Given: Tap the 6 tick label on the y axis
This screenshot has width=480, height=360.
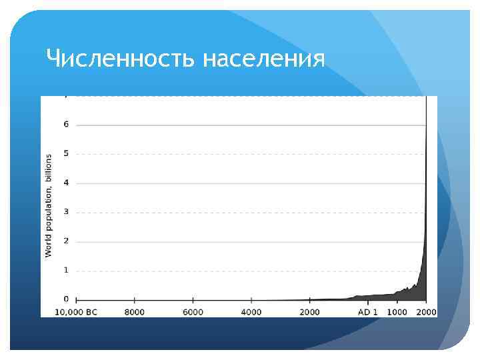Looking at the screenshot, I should (65, 125).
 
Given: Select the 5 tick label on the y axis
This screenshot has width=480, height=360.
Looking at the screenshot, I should (65, 154).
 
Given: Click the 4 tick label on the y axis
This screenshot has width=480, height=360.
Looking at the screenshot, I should (65, 183).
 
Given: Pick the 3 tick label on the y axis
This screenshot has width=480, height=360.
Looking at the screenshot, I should (65, 212).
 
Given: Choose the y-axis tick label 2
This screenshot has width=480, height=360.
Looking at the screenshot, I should (65, 241).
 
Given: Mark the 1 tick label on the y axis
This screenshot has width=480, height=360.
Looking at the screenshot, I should (65, 270).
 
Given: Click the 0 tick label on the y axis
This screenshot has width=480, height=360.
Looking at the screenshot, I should (65, 299).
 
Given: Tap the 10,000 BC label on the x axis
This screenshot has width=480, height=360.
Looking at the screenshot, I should (75, 312).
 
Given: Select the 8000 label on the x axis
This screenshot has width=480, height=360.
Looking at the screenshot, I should (134, 312).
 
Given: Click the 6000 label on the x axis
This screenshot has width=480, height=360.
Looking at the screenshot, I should (193, 312).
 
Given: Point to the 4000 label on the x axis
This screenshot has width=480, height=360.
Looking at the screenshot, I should (251, 312).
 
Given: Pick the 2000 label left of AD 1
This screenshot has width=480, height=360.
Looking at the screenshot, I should (309, 312).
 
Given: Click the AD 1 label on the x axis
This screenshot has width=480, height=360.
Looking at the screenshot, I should (369, 312).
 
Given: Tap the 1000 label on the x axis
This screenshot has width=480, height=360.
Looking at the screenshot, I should (397, 312).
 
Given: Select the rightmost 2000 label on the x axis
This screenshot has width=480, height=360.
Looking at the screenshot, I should (426, 312).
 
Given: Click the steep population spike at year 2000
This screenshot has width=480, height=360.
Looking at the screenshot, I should (425, 200).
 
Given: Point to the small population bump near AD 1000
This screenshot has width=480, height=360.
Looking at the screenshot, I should (401, 291).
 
